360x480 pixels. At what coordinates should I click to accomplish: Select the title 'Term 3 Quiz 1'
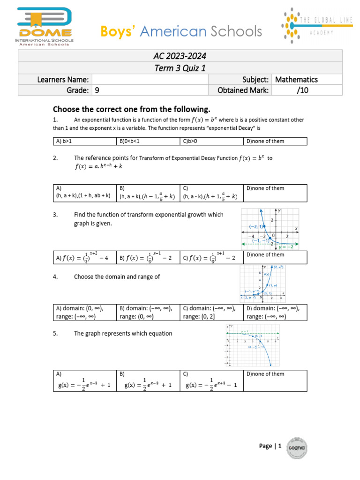(180, 68)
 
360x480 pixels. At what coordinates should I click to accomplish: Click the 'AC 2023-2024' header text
(180, 56)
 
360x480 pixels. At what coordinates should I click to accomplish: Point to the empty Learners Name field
(150, 80)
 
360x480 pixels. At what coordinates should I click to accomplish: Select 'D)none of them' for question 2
(275, 192)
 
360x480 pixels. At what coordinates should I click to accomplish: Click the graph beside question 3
(270, 228)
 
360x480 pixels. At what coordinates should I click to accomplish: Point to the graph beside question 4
(263, 284)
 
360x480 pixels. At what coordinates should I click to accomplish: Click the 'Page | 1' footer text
(270, 446)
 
